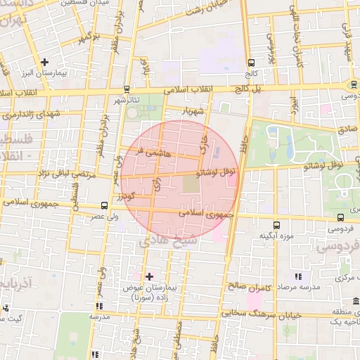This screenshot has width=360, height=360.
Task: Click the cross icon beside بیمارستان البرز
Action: (46, 63)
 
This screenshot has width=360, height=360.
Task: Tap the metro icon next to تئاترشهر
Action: (126, 89)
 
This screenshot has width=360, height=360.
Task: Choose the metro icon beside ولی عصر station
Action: (104, 205)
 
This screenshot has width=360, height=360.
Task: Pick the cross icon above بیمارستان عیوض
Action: (148, 276)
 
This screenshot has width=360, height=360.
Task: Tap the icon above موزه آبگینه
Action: (276, 225)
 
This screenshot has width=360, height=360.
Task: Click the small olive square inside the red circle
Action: (191, 184)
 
